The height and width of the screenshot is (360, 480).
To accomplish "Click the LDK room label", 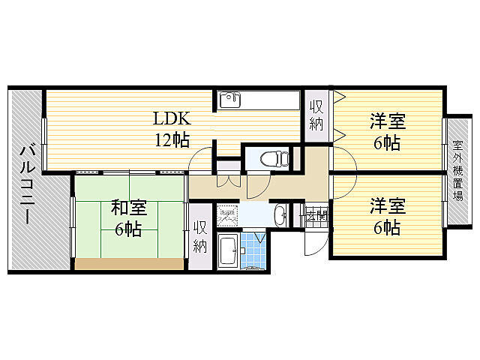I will point(172,118).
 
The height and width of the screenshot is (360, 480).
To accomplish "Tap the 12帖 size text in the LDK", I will point(172,139).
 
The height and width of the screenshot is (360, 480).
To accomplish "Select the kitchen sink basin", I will point(229,99).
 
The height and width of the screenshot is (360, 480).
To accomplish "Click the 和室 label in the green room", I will point(129,207).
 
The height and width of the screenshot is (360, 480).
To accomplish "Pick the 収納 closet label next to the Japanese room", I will point(200,237).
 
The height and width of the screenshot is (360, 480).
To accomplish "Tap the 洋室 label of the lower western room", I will point(387,204).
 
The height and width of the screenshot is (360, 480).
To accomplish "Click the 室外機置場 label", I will point(457,170).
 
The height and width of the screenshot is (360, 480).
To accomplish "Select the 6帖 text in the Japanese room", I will point(128,229).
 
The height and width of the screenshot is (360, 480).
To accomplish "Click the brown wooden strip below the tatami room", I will point(129,263).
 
